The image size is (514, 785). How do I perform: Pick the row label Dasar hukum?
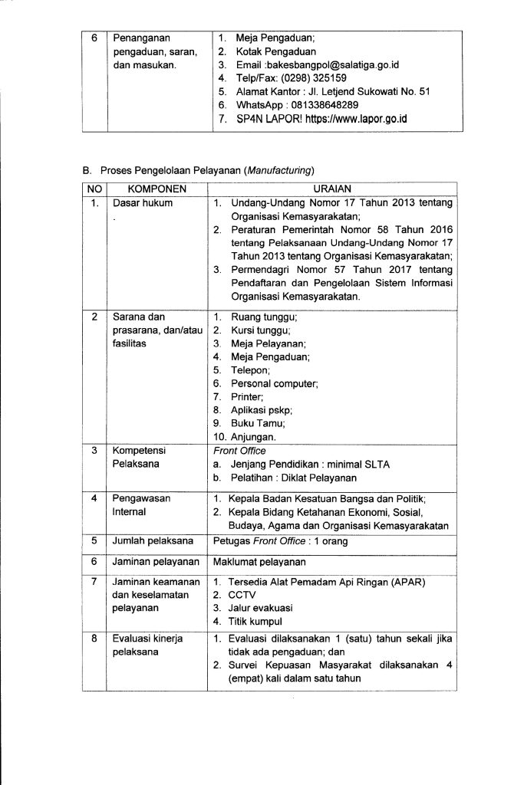tap(143, 203)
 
